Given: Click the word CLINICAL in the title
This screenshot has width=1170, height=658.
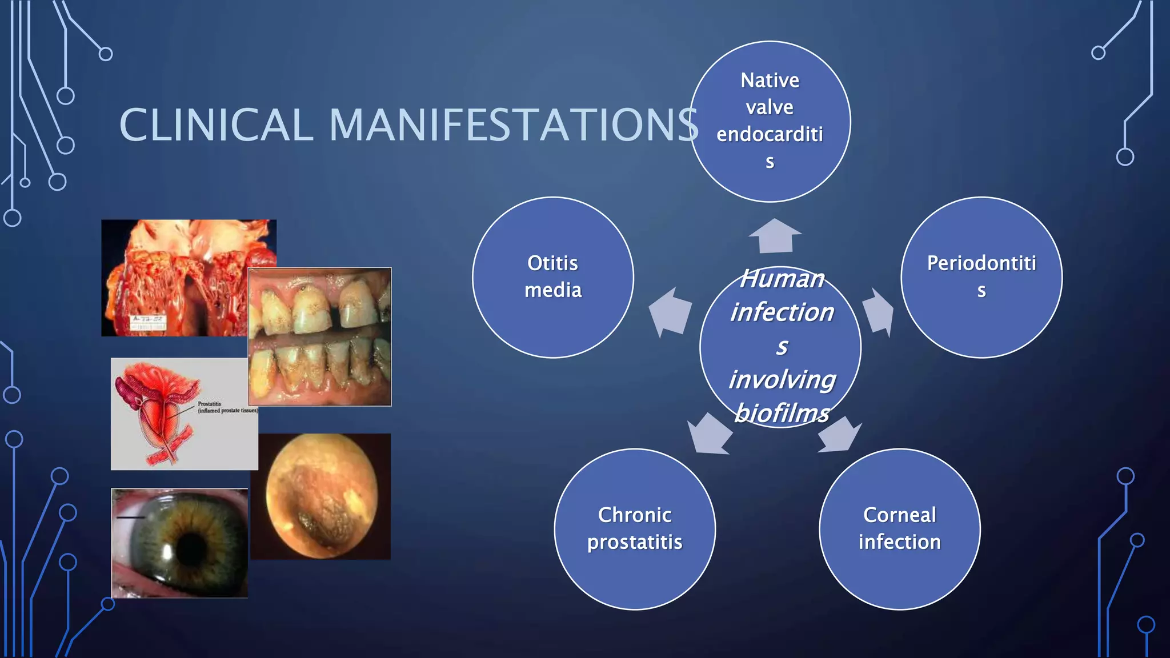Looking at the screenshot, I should pos(216,125).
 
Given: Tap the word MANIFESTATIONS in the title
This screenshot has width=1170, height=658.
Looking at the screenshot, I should pos(513,125).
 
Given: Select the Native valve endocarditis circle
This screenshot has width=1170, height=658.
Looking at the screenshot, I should pos(770,121).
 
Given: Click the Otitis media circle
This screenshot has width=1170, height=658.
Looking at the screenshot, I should pos(552,277).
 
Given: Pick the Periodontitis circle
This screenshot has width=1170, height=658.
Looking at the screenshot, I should pos(981,277).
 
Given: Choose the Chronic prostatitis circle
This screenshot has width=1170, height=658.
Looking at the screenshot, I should pos(634,529).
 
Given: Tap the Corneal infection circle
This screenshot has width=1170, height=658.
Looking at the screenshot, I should pos(899,529).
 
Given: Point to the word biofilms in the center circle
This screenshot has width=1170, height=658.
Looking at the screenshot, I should pos(782,413).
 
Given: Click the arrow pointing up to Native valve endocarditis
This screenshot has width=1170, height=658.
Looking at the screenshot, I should pos(775,235).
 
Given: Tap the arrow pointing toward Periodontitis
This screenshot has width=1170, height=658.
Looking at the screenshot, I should pos(878,312).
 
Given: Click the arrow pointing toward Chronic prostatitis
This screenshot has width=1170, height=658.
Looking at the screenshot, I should pos(709,434).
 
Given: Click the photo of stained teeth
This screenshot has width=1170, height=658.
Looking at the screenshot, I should pos(319,336).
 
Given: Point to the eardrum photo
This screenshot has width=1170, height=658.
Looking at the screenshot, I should pos(321,496).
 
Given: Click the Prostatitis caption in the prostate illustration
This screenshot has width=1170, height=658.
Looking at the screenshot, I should pos(210,404).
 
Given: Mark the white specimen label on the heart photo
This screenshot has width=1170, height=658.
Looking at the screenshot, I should pos(148,323).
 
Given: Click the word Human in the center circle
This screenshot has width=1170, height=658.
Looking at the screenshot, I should pos(782,279).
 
